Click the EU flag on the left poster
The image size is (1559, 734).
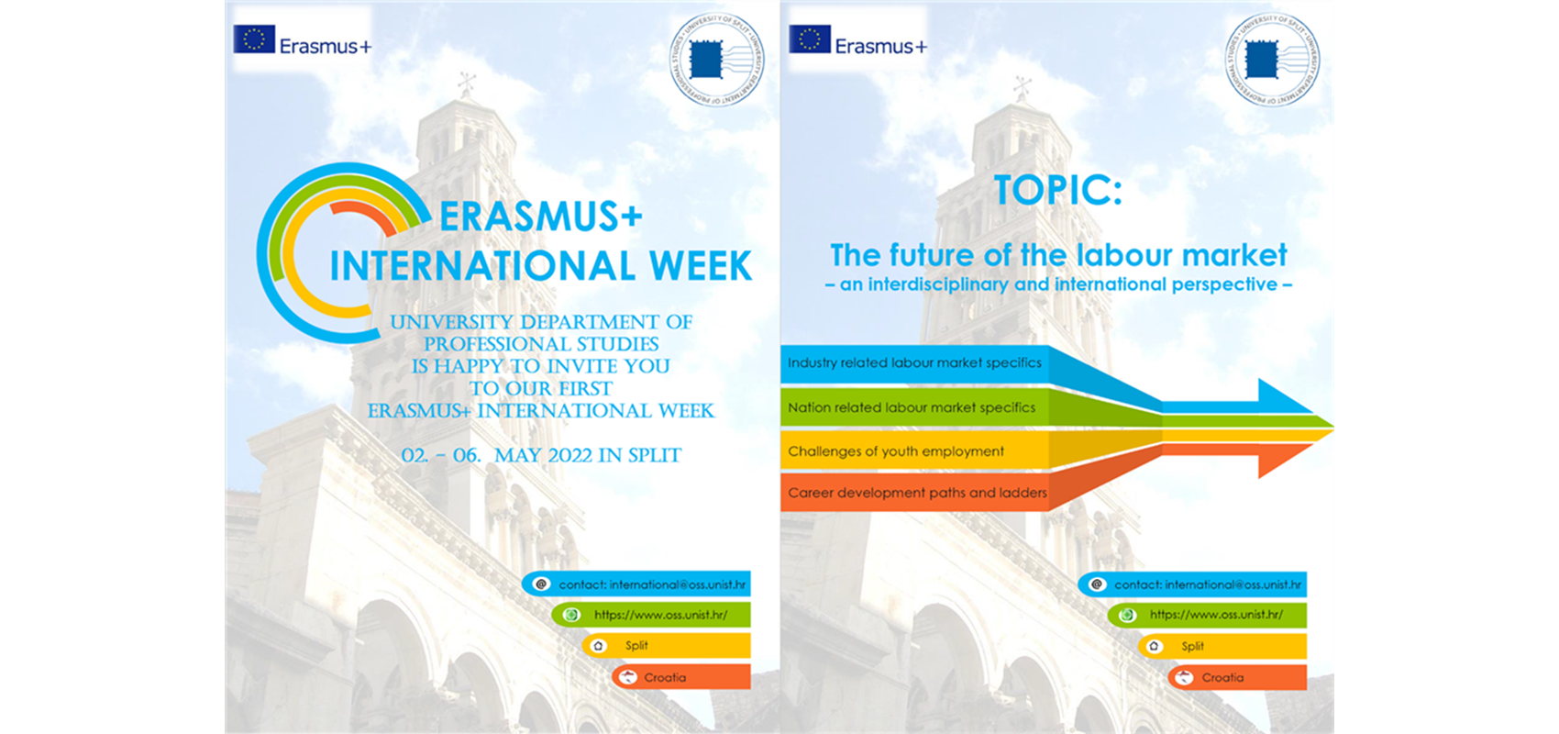tap(254, 39)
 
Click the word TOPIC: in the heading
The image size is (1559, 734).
tap(1057, 190)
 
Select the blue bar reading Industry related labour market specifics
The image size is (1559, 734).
tap(914, 363)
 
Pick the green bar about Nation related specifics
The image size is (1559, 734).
tap(912, 407)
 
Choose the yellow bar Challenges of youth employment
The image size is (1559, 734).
tap(896, 451)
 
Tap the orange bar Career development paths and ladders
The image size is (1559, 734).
tap(917, 493)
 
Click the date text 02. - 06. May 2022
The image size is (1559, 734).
tap(541, 455)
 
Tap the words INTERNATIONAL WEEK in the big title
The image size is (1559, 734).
tap(541, 266)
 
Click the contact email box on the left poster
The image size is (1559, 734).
tap(637, 584)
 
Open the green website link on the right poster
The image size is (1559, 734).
tap(1207, 615)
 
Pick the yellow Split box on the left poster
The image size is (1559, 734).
tap(667, 646)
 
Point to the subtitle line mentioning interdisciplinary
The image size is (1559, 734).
tap(1058, 285)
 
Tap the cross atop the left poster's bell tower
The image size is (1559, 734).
tap(467, 84)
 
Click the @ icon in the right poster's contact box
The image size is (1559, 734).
tap(1097, 584)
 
